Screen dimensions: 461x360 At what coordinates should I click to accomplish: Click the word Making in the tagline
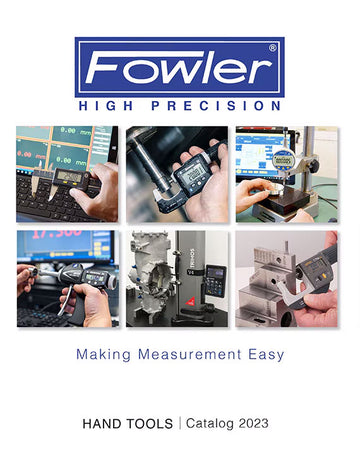(105, 353)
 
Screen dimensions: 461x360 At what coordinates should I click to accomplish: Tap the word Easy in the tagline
(263, 353)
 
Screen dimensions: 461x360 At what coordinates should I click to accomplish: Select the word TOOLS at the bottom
(151, 424)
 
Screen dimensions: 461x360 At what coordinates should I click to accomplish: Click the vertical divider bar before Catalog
(181, 424)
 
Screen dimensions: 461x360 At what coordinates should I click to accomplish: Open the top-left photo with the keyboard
(67, 174)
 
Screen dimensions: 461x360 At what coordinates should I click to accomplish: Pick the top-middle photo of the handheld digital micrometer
(179, 174)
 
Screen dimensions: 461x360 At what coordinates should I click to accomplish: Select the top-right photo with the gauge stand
(290, 174)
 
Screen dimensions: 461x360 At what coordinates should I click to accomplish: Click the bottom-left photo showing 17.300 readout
(67, 279)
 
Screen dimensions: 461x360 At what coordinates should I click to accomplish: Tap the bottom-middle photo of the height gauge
(179, 279)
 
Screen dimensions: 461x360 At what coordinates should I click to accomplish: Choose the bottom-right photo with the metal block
(290, 279)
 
